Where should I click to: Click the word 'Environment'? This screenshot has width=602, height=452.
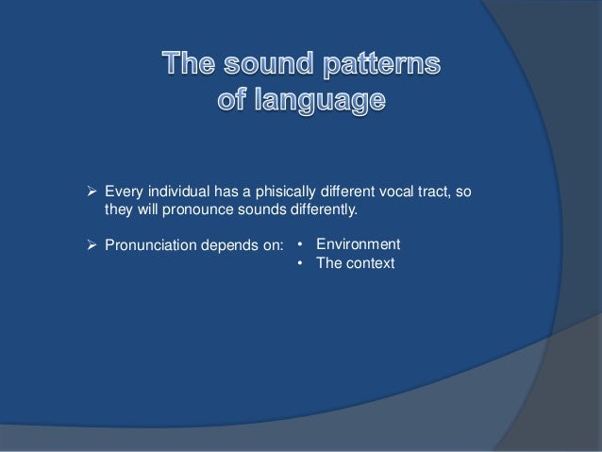pos(358,243)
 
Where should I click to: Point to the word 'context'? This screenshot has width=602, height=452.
pos(370,263)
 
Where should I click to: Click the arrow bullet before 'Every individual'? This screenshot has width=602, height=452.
pos(92,193)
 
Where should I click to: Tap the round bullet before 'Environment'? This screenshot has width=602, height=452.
pos(299,244)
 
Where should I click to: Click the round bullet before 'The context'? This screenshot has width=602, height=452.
pos(299,264)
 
